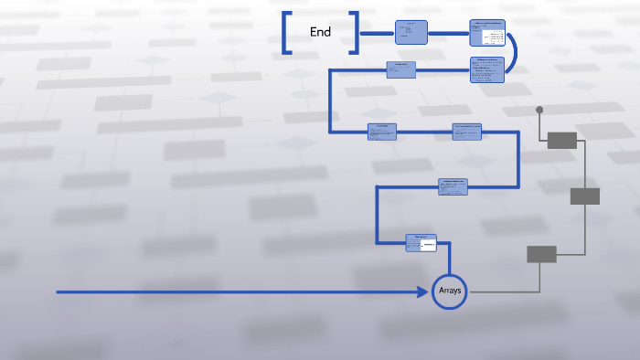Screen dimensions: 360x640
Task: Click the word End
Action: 320,32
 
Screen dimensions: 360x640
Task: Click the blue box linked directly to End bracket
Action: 411,33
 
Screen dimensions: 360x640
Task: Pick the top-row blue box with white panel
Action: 487,33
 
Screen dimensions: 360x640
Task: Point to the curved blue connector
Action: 515,53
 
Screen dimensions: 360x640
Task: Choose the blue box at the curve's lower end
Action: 487,69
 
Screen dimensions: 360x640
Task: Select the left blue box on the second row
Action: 400,70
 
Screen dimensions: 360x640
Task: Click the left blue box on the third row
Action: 382,132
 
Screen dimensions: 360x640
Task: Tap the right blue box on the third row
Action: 467,132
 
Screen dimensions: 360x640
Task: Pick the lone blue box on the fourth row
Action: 453,187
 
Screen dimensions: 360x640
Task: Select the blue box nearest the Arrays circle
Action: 421,242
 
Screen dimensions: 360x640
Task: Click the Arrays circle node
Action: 450,291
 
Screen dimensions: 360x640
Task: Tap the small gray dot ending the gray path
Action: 539,110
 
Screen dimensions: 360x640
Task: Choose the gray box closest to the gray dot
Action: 562,140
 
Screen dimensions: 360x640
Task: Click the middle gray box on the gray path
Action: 585,196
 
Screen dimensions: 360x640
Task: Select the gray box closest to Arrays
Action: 541,254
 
